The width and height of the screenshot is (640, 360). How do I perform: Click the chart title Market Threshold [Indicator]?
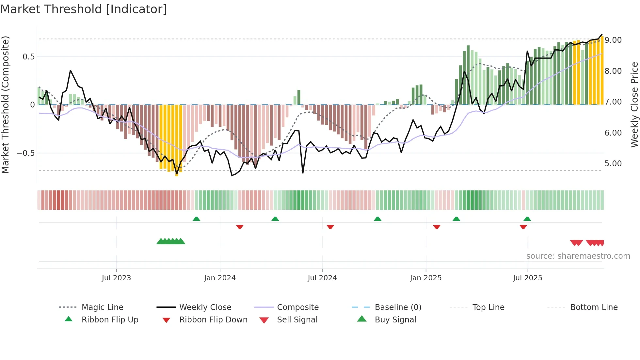pyautogui.click(x=84, y=9)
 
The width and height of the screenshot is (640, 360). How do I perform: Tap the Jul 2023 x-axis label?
pyautogui.click(x=116, y=278)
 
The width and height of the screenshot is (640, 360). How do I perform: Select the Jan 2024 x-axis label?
pyautogui.click(x=220, y=278)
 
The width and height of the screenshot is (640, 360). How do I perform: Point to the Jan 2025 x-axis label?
pyautogui.click(x=426, y=278)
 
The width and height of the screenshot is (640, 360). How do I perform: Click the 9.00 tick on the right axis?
pyautogui.click(x=613, y=40)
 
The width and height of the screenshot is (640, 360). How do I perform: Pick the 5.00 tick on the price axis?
pyautogui.click(x=613, y=164)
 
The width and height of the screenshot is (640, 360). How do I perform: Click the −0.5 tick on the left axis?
pyautogui.click(x=26, y=153)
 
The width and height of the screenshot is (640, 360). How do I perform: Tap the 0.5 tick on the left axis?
pyautogui.click(x=28, y=57)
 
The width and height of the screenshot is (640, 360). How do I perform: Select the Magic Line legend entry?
pyautogui.click(x=102, y=307)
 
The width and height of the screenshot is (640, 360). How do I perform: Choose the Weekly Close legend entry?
pyautogui.click(x=205, y=307)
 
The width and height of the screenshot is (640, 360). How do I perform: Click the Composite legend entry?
pyautogui.click(x=298, y=307)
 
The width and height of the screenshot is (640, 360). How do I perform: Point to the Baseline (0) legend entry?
pyautogui.click(x=398, y=307)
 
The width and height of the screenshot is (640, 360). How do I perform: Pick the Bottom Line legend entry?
pyautogui.click(x=594, y=307)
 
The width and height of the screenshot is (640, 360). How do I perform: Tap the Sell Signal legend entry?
pyautogui.click(x=297, y=320)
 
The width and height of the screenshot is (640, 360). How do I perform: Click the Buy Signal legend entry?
pyautogui.click(x=395, y=320)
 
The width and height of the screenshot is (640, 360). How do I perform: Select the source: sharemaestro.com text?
pyautogui.click(x=578, y=256)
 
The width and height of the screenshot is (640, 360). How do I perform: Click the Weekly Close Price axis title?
pyautogui.click(x=634, y=105)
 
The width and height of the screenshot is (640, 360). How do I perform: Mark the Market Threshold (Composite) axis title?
pyautogui.click(x=5, y=105)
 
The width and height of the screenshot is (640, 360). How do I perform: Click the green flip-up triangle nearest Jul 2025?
pyautogui.click(x=527, y=219)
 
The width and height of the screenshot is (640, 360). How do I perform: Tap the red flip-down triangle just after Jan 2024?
pyautogui.click(x=240, y=227)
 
